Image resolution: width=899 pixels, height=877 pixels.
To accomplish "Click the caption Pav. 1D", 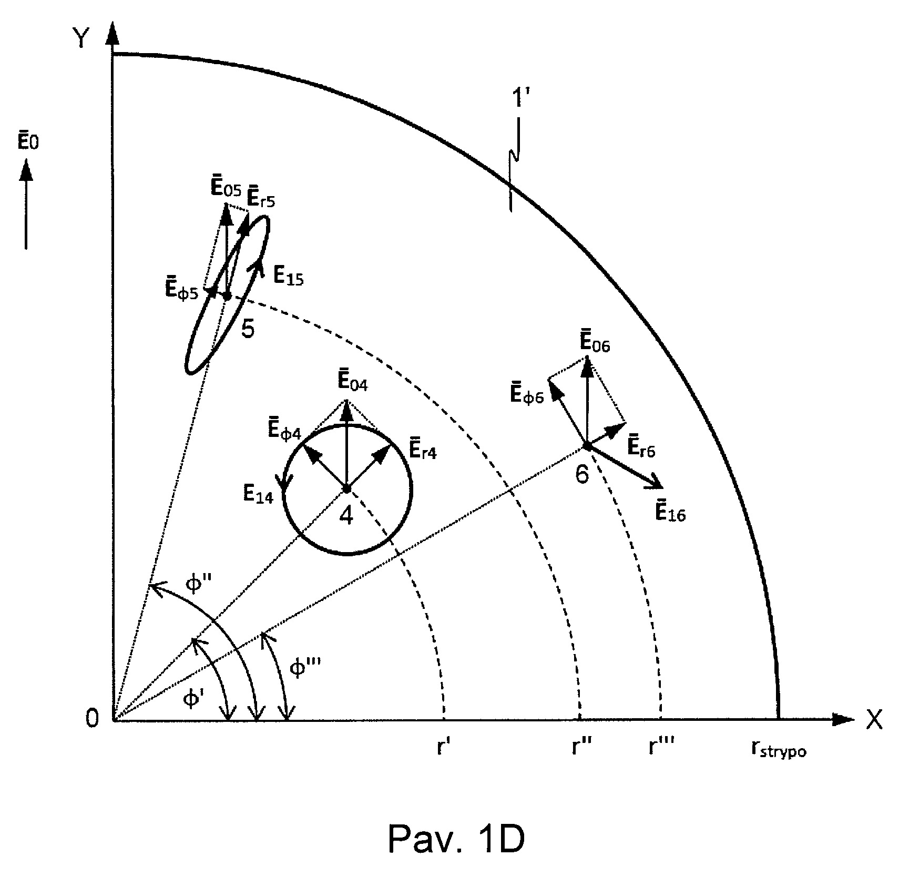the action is point(456,840).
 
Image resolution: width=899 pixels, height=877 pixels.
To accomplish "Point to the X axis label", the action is point(874,720).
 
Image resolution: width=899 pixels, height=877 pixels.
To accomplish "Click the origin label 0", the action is point(93,718).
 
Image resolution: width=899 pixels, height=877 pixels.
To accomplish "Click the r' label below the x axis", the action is point(442,746).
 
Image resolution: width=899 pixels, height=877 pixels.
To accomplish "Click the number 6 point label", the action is point(582,475).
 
